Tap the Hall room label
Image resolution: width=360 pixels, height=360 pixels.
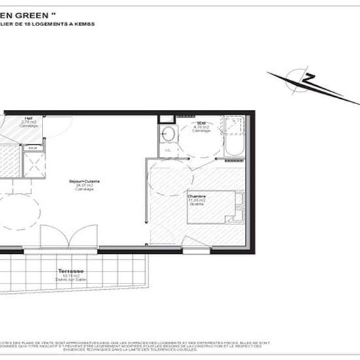tap(28, 119)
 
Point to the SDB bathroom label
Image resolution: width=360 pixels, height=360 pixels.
tap(202, 122)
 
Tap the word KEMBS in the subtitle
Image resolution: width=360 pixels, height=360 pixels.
tap(86, 24)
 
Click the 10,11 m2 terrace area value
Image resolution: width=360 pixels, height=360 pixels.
tap(68, 275)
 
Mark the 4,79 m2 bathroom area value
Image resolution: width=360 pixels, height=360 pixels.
tap(202, 127)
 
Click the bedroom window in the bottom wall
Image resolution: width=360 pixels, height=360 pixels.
tap(196, 249)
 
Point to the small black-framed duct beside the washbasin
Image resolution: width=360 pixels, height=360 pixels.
tap(166, 119)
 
